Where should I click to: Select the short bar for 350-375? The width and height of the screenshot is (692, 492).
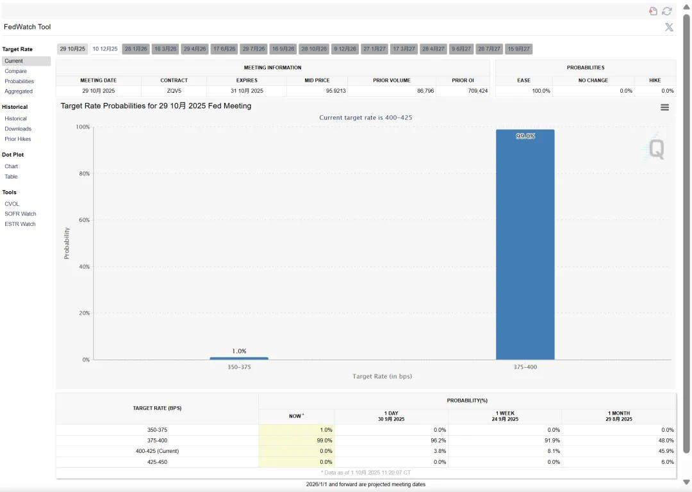[x=239, y=358]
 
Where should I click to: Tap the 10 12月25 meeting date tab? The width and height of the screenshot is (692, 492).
[x=105, y=49]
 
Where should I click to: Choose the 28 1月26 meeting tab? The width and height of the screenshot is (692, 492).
[x=136, y=49]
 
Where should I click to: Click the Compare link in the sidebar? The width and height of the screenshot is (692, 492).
[x=15, y=71]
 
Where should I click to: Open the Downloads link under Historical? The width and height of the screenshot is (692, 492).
[x=18, y=129]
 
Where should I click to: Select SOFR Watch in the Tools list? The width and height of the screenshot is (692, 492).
[x=21, y=214]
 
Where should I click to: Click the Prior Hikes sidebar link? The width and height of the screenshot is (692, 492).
[x=18, y=139]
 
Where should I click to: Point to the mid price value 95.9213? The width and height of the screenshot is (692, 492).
[x=335, y=91]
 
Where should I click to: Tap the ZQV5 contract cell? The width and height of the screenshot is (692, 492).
[x=174, y=91]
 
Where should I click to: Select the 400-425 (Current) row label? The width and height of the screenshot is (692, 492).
[x=157, y=451]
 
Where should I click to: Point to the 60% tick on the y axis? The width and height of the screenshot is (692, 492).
[x=85, y=220]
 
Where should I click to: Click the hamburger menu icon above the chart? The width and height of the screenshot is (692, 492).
[x=664, y=107]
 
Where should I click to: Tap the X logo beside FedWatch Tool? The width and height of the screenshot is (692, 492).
[x=669, y=27]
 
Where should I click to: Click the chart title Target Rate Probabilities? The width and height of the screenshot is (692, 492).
[x=156, y=106]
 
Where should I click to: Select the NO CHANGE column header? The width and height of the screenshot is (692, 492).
[x=593, y=81]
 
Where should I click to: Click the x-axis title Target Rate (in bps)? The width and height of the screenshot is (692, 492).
[x=382, y=376]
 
